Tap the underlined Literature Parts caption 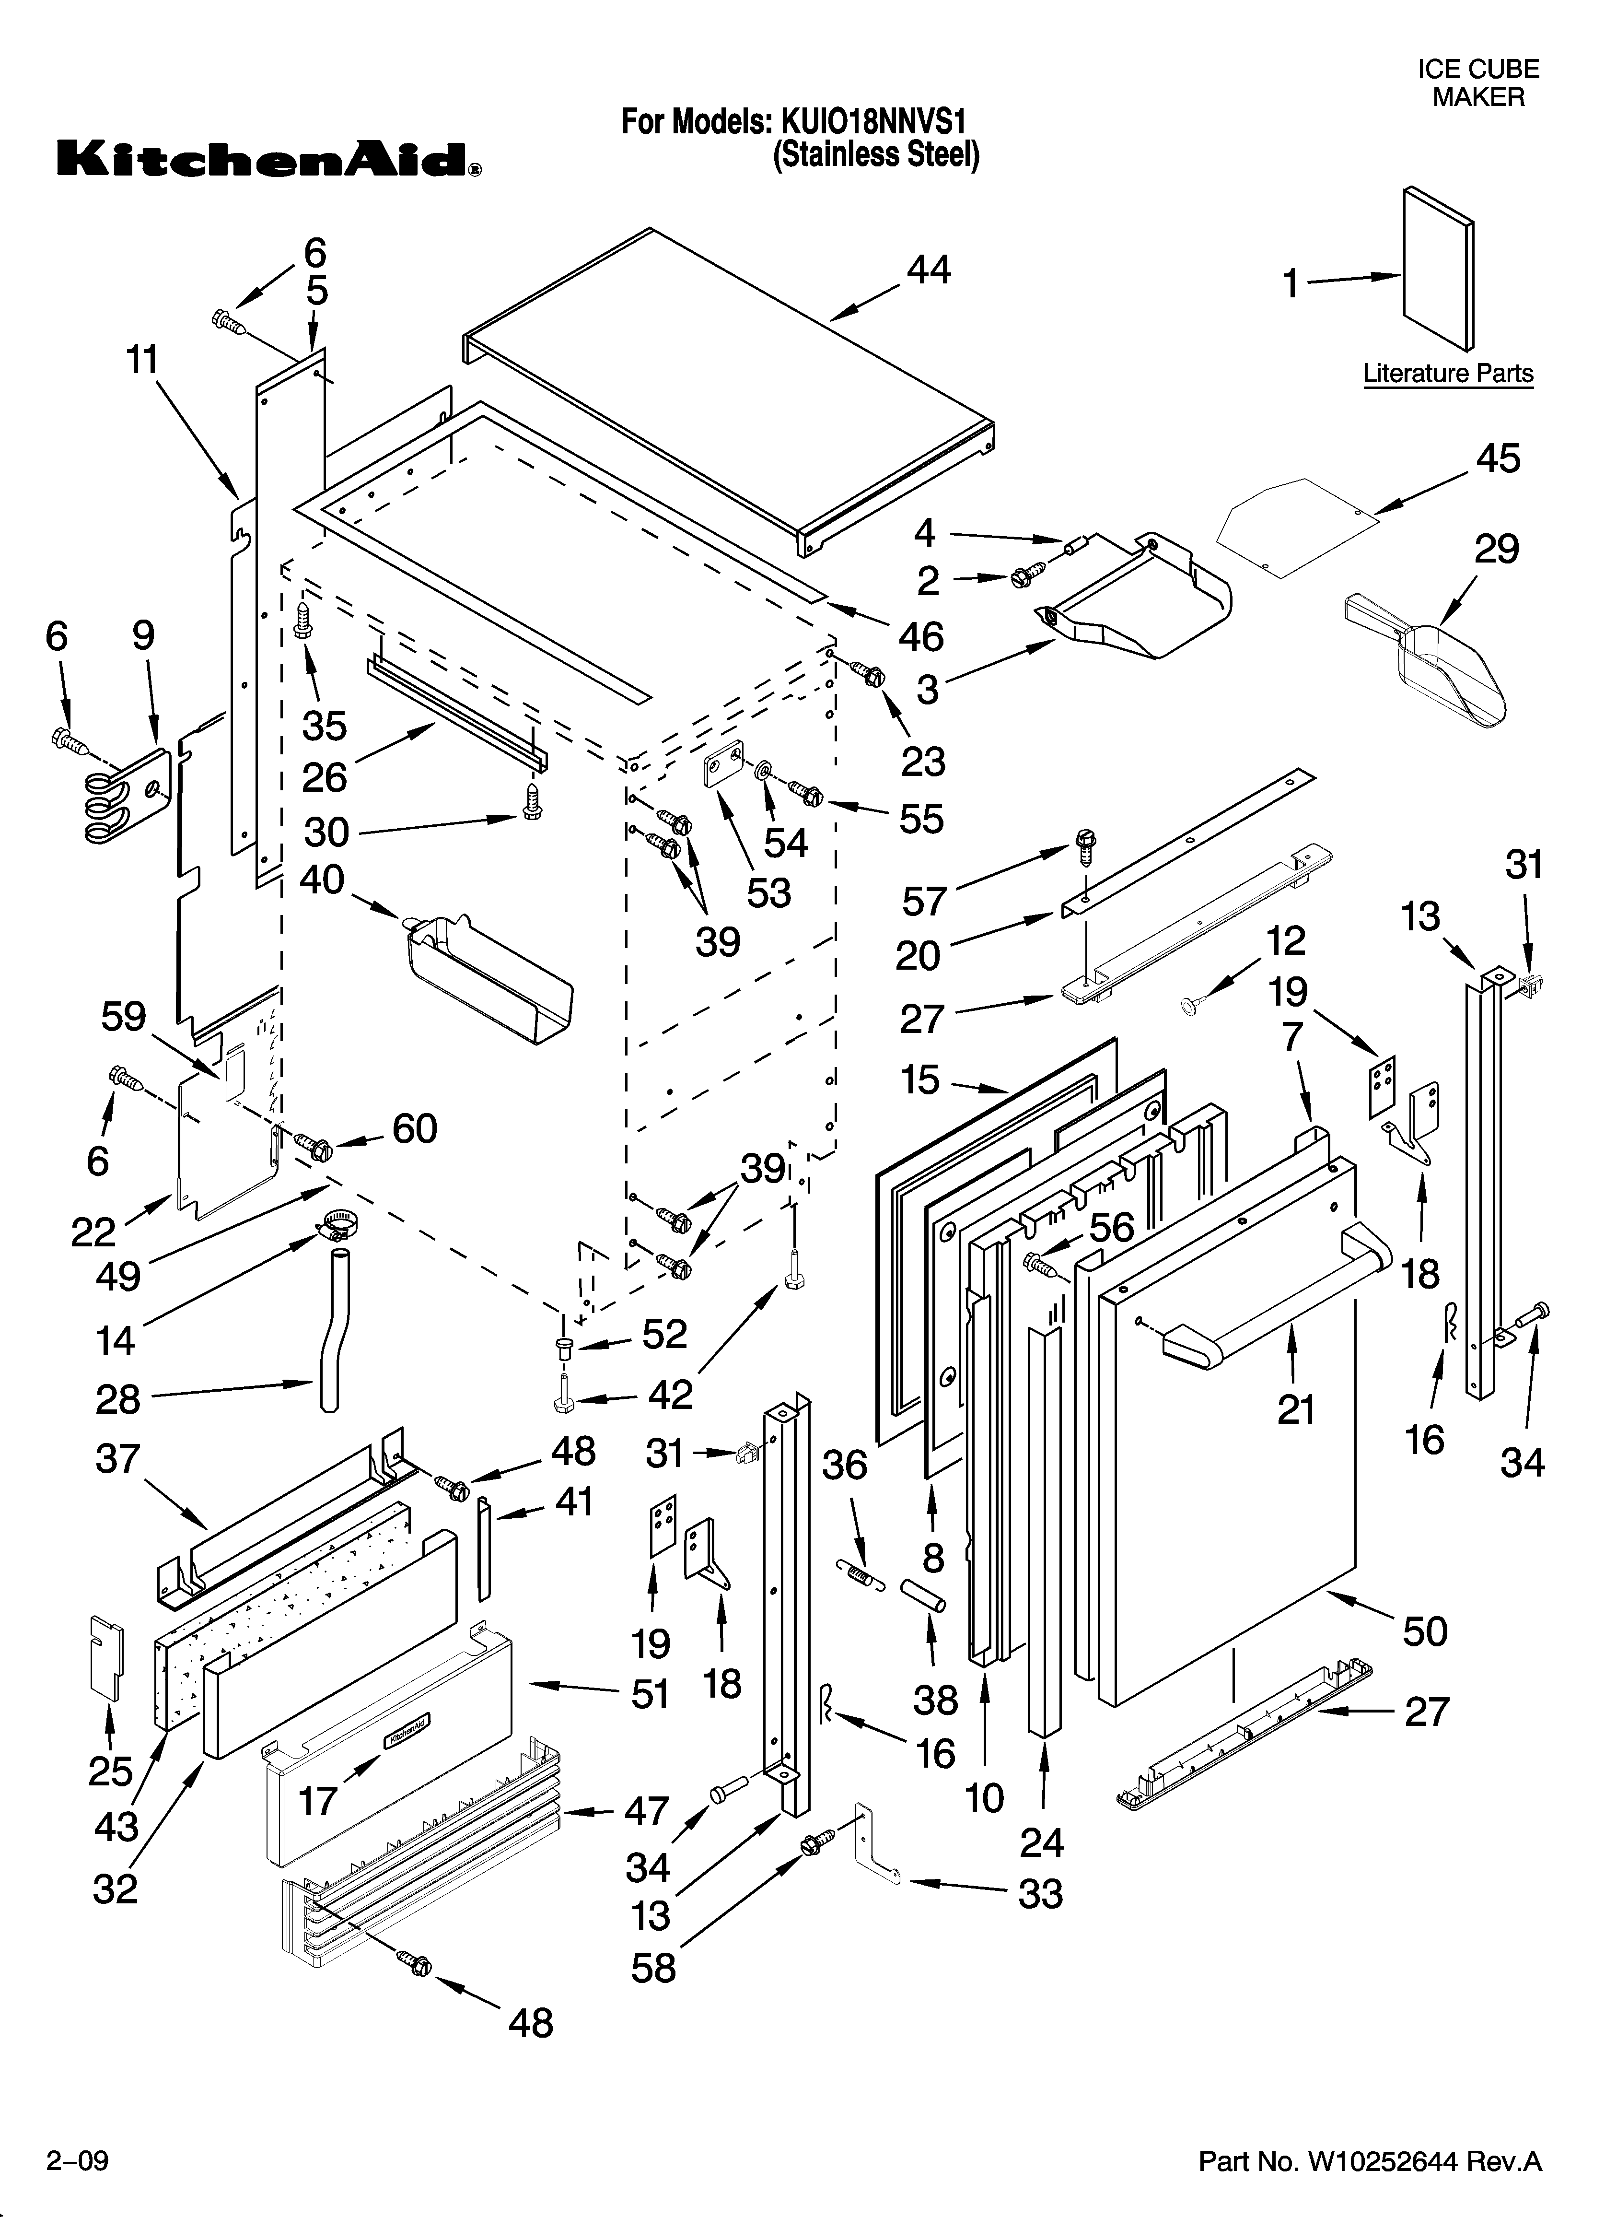pyautogui.click(x=1448, y=374)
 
